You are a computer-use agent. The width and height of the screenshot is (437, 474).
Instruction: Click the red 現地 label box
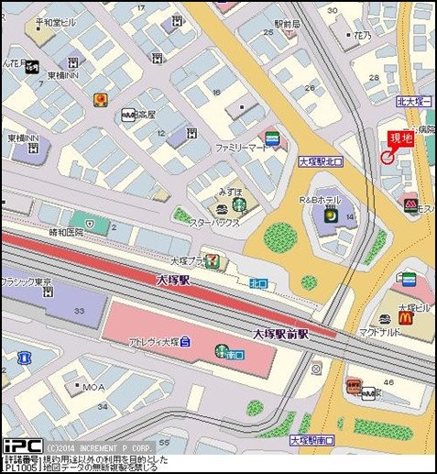[x=401, y=138]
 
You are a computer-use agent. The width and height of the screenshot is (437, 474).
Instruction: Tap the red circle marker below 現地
[x=387, y=158]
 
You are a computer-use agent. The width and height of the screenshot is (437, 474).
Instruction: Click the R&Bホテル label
[x=320, y=200]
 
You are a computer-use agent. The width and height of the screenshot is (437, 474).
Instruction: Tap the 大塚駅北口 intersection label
[x=321, y=162]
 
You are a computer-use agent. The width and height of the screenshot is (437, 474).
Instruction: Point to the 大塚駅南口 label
[x=312, y=441]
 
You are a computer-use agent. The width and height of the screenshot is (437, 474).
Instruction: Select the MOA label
[x=94, y=387]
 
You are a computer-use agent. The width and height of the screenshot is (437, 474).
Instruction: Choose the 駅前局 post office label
[x=287, y=25]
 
